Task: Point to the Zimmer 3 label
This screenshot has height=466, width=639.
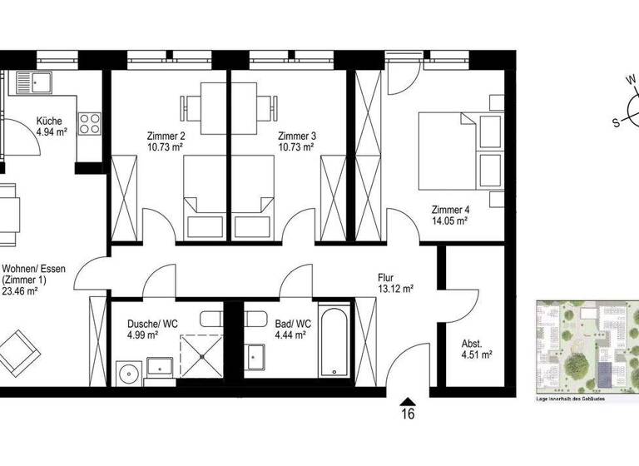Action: click(x=295, y=136)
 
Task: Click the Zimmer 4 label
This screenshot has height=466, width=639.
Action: click(x=449, y=210)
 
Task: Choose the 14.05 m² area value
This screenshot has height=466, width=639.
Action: click(x=449, y=221)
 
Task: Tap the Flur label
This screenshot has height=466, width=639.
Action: click(x=384, y=279)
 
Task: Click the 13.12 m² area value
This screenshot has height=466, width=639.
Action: click(x=396, y=290)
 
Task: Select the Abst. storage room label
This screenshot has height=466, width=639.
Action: click(x=472, y=344)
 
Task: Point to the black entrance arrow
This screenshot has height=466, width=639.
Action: click(x=408, y=399)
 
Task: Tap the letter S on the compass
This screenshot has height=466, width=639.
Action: click(x=617, y=122)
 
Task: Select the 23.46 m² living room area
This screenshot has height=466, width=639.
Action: click(x=21, y=291)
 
